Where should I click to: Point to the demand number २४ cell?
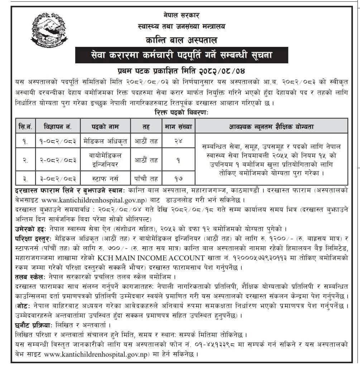coord(178,141)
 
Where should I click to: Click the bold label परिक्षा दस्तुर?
coord(31,238)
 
